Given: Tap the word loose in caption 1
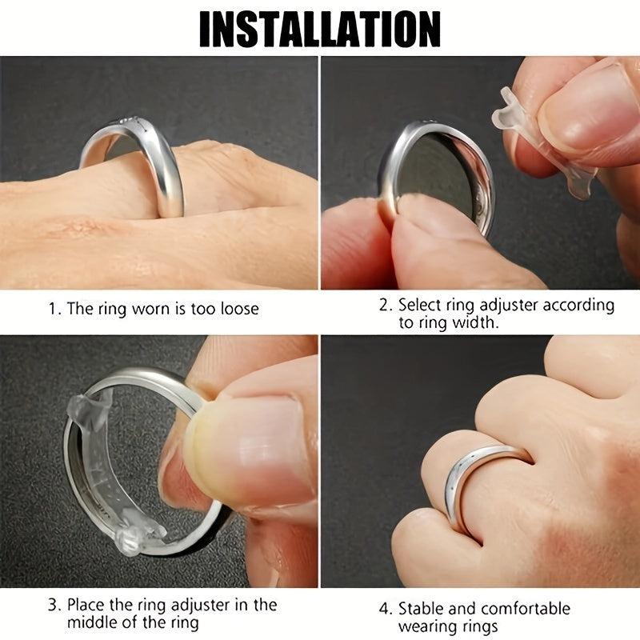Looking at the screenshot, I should [236, 309].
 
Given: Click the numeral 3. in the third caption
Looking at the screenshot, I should [54, 604].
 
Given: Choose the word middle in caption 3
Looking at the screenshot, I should [93, 623].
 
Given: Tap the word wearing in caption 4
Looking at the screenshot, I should [426, 626].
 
